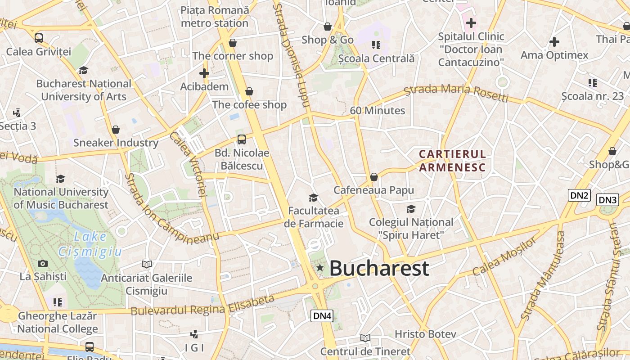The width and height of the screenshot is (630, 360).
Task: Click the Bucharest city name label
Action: [x=379, y=269]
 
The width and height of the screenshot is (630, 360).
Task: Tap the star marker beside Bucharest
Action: [x=320, y=268]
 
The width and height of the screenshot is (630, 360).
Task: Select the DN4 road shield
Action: [x=322, y=316]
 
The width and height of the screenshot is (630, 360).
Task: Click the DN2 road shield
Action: [x=579, y=195]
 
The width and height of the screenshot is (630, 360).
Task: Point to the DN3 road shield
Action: [x=607, y=200]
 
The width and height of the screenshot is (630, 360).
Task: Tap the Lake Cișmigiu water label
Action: [x=90, y=244]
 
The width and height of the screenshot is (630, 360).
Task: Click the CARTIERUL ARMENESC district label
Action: [x=452, y=161]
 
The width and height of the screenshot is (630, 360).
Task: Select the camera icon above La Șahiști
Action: [x=43, y=263]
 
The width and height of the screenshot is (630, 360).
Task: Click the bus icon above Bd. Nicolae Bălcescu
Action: [x=242, y=139]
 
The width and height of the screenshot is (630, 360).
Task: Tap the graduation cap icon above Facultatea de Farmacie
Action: [x=313, y=198]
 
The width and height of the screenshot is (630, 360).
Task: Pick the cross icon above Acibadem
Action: [x=204, y=73]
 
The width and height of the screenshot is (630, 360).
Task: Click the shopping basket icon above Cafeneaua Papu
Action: [x=373, y=177]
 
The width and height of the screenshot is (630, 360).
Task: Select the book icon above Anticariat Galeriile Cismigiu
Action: [x=146, y=264]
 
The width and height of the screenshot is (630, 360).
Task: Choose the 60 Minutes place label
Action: [x=378, y=111]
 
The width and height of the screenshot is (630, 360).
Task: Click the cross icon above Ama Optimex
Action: [x=554, y=42]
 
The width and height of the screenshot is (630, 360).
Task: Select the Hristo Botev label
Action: [x=425, y=334]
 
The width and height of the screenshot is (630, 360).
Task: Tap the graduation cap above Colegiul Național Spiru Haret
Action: [x=411, y=209]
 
